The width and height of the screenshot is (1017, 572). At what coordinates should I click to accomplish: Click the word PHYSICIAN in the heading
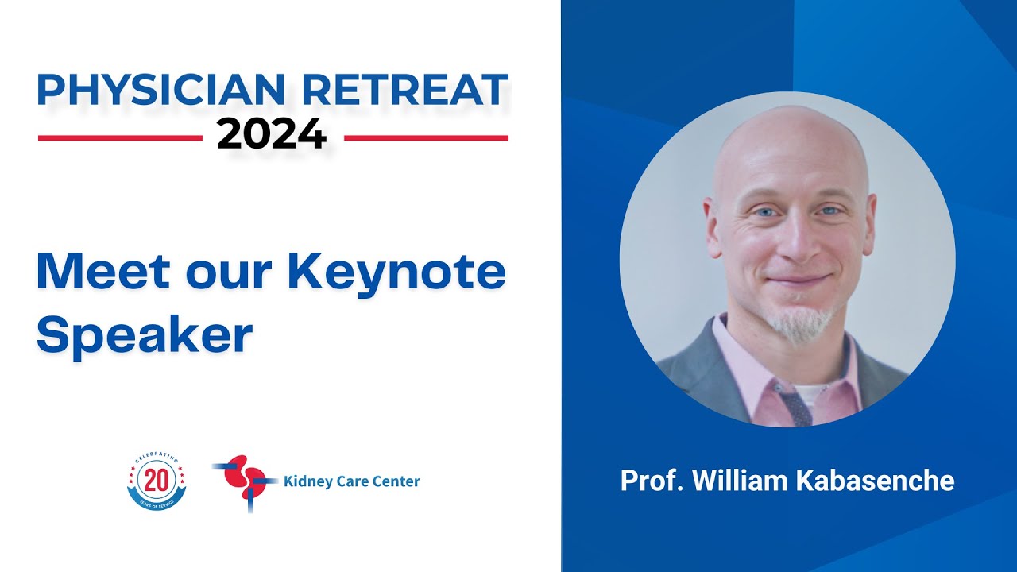(161, 90)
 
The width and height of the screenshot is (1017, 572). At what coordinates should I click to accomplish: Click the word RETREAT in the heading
(405, 90)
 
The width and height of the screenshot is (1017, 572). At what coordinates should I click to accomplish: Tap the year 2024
(272, 134)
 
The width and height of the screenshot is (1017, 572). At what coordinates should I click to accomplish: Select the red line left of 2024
(120, 138)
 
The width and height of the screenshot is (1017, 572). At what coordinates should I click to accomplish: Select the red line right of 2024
(427, 138)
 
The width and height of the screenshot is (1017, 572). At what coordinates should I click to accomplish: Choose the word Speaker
(145, 335)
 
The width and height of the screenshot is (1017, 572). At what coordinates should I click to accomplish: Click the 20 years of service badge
(157, 481)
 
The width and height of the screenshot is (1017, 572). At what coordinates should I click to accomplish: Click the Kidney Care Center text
(351, 481)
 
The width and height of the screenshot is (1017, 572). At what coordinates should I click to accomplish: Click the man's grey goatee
(802, 321)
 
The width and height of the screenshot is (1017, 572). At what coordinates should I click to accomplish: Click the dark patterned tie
(795, 403)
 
